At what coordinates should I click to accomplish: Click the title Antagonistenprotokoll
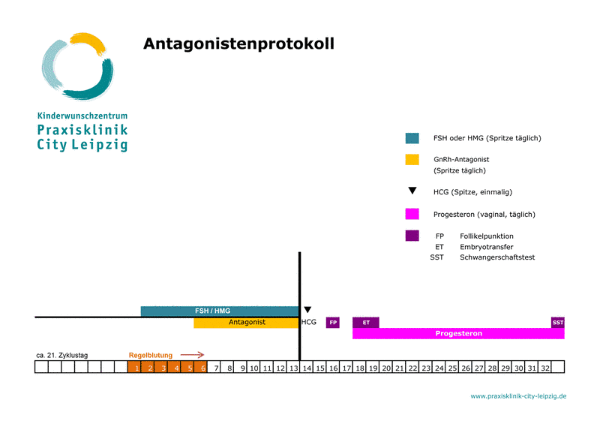(x=238, y=44)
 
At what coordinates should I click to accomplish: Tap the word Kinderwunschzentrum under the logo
(x=82, y=116)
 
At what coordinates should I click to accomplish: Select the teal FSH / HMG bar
(x=219, y=311)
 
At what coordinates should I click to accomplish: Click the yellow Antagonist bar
(x=246, y=323)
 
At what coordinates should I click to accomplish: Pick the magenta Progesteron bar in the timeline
(x=458, y=333)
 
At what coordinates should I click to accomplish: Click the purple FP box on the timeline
(x=333, y=323)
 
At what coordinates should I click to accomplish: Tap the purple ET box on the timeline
(x=366, y=323)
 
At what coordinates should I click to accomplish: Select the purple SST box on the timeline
(x=557, y=323)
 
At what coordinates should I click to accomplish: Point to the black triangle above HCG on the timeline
(x=307, y=309)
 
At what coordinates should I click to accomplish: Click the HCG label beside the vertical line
(x=309, y=323)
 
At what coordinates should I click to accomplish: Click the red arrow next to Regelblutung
(x=192, y=355)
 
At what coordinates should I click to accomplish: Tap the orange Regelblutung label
(x=151, y=356)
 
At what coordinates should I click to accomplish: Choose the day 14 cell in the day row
(x=307, y=368)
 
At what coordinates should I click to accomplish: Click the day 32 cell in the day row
(x=545, y=368)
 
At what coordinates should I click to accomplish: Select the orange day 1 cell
(x=135, y=368)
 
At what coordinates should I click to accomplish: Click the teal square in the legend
(x=412, y=138)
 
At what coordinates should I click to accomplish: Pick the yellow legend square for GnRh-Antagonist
(x=412, y=160)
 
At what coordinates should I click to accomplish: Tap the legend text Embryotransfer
(x=486, y=247)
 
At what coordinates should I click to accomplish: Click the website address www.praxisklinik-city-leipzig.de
(x=518, y=395)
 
